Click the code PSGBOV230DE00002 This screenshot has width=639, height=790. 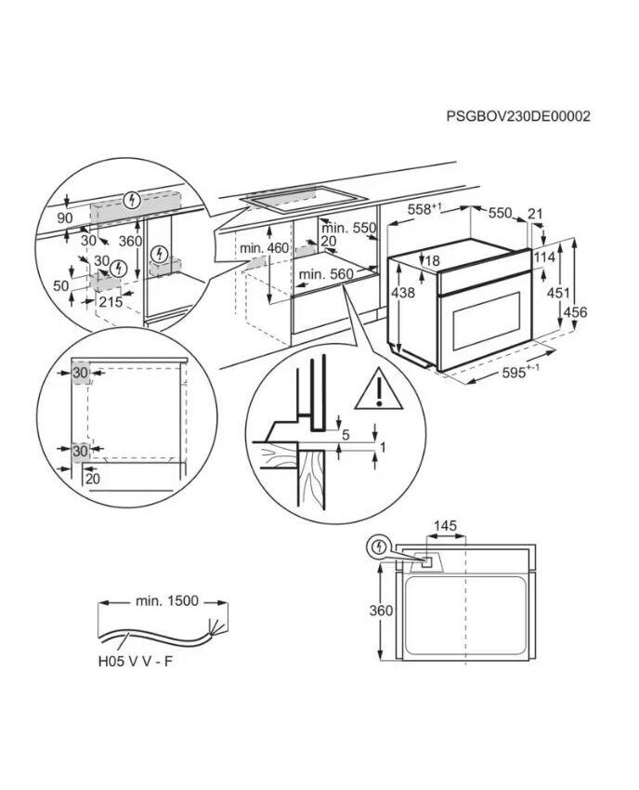[x=518, y=116]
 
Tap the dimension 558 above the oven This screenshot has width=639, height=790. [x=418, y=210]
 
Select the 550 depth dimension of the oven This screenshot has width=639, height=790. [x=501, y=213]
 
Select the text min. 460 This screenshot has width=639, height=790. [x=265, y=248]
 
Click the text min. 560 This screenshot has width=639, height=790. [x=327, y=274]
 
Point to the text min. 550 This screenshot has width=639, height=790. [x=348, y=228]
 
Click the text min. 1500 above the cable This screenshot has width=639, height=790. [x=168, y=601]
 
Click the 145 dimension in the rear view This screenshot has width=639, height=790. [x=446, y=527]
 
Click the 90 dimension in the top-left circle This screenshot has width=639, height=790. [x=64, y=217]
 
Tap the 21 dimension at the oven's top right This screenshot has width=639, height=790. [x=534, y=214]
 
